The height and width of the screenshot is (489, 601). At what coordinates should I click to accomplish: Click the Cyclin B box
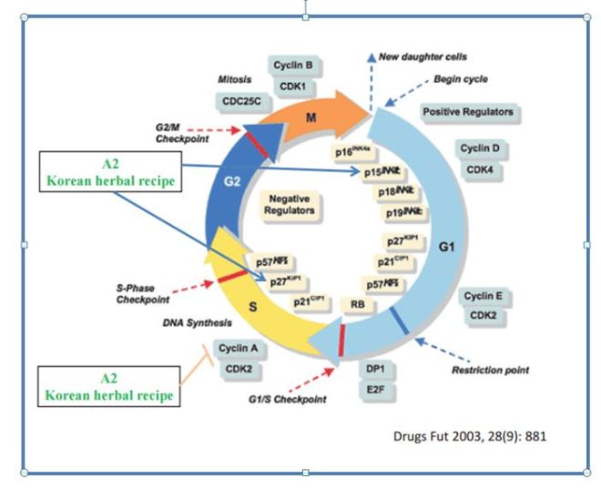(x=292, y=65)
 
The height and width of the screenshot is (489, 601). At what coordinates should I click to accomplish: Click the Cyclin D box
(x=484, y=148)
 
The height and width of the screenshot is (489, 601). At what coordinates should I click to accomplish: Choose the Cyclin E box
(x=484, y=297)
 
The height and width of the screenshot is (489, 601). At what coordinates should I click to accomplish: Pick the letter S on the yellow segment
(x=253, y=306)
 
